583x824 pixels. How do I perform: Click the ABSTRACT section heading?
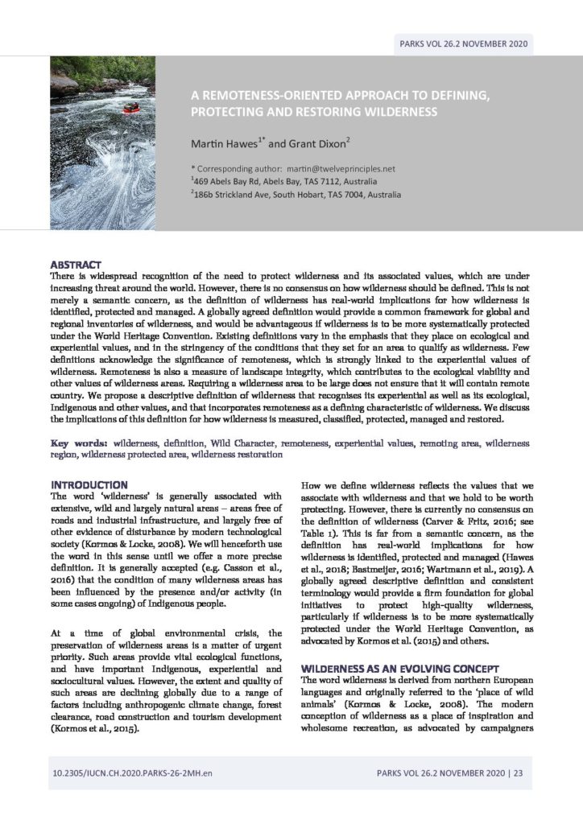pos(76,264)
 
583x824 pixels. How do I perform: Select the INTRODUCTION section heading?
pos(89,484)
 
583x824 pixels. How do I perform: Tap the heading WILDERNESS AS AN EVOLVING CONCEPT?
pos(399,669)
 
